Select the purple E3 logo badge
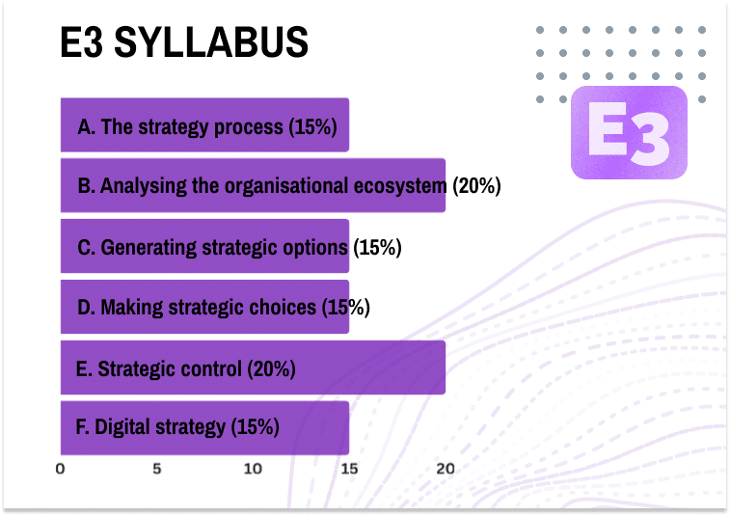coord(629,133)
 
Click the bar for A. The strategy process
coord(204,125)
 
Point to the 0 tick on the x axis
coord(61,470)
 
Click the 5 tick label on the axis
coord(156,470)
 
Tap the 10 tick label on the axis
coord(253,470)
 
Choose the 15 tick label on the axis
coord(349,470)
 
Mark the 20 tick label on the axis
coord(446,470)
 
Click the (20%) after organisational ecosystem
coord(477,186)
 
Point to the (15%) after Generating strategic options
coord(377,247)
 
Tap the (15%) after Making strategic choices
coord(345,308)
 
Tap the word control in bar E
coord(214,367)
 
